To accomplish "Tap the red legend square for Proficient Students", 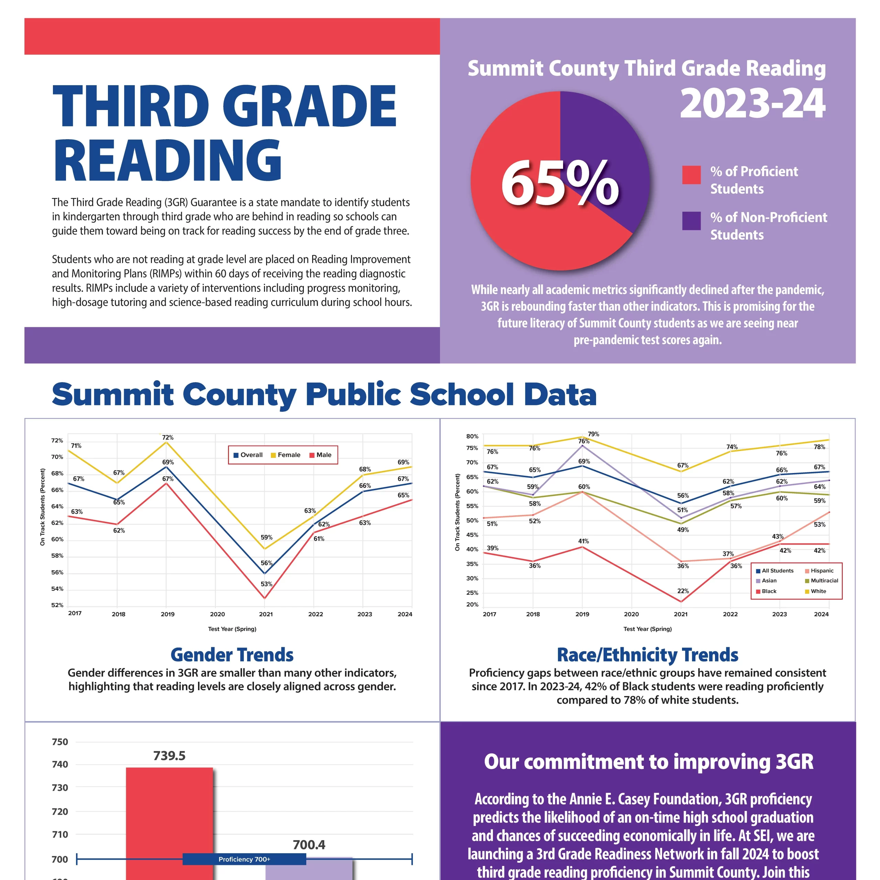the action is [x=691, y=175].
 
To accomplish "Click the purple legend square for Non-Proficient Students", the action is [x=691, y=221].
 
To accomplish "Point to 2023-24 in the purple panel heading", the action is [x=752, y=104].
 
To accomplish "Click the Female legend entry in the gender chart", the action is [x=286, y=454].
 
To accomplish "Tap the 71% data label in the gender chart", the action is [x=76, y=445].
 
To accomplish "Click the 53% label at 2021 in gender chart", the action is [x=266, y=584].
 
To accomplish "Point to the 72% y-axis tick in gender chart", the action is [x=57, y=440].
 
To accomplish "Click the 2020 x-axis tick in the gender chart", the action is [x=217, y=614].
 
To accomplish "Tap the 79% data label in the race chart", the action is [x=594, y=434].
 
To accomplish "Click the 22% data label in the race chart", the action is [x=683, y=591].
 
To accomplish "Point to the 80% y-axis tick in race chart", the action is [x=472, y=436].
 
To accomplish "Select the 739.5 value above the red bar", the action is [x=169, y=756].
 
